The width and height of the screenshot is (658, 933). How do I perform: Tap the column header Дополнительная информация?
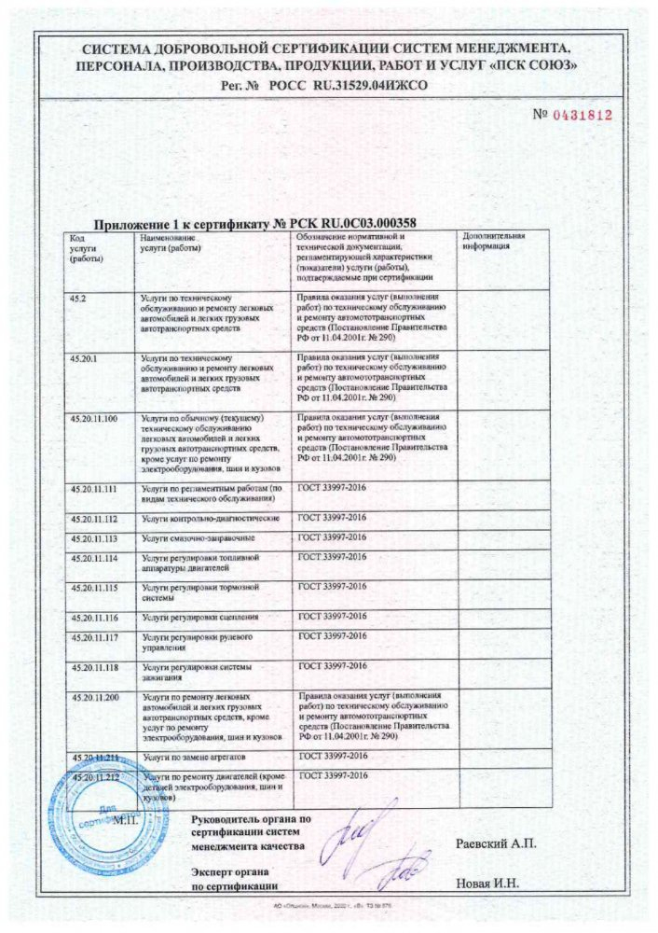pyautogui.click(x=494, y=244)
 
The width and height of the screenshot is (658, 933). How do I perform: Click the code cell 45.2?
pyautogui.click(x=78, y=296)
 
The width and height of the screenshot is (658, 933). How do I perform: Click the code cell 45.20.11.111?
pyautogui.click(x=94, y=489)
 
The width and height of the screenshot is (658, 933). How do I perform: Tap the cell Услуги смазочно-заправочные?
pyautogui.click(x=197, y=539)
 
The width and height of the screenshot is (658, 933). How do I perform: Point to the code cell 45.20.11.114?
pyautogui.click(x=94, y=558)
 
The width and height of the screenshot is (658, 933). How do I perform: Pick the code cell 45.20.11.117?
pyautogui.click(x=94, y=638)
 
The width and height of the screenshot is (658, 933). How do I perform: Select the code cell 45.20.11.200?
pyautogui.click(x=94, y=697)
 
